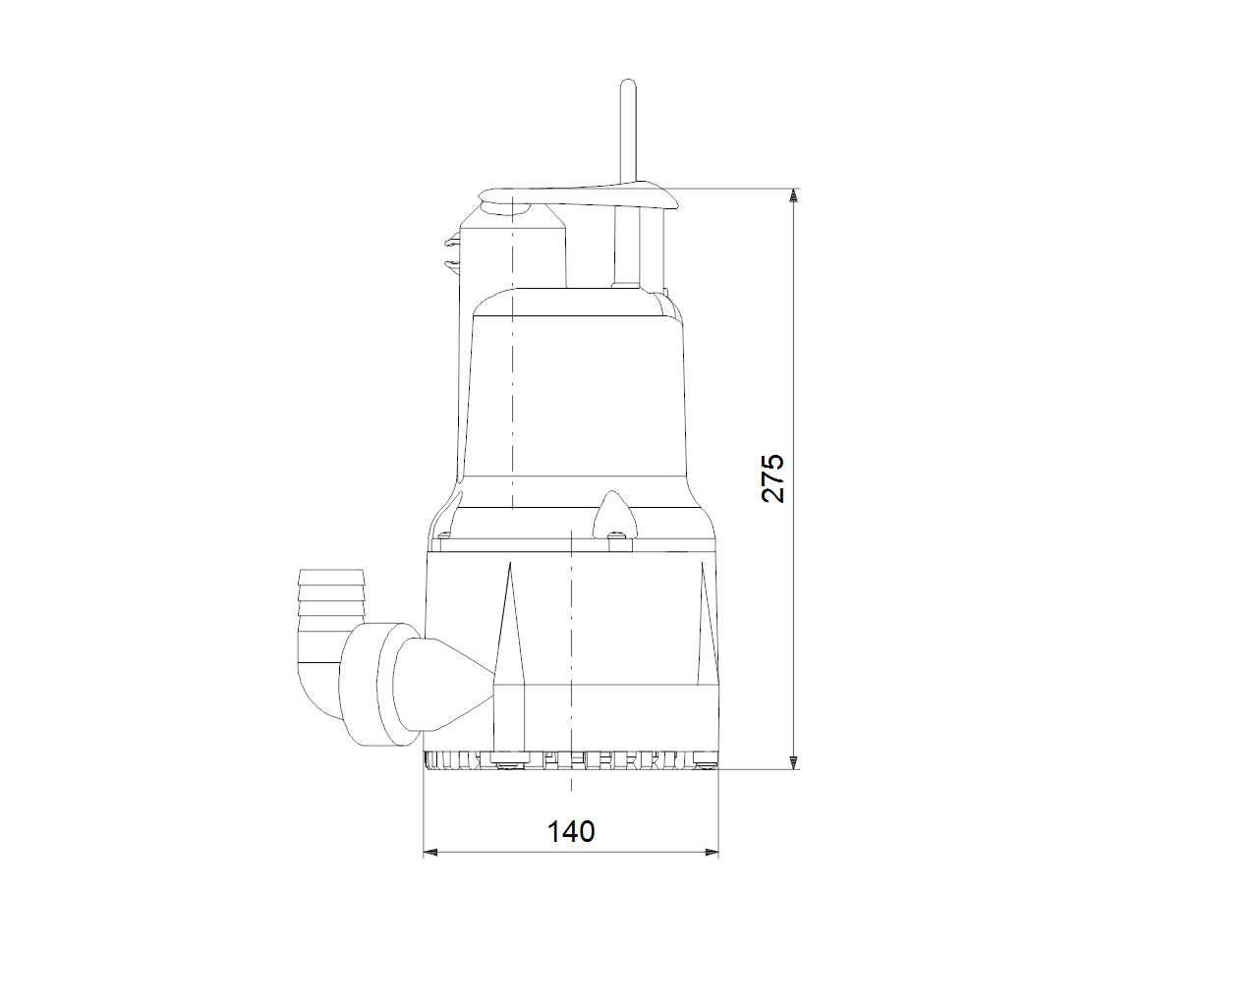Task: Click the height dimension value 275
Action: pyautogui.click(x=772, y=477)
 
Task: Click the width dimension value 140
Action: pyautogui.click(x=571, y=831)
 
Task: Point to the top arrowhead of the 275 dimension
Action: pyautogui.click(x=793, y=196)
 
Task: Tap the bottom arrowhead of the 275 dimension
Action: pyautogui.click(x=793, y=762)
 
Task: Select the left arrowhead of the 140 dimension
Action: pyautogui.click(x=430, y=853)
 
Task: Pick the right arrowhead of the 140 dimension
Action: pyautogui.click(x=712, y=853)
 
